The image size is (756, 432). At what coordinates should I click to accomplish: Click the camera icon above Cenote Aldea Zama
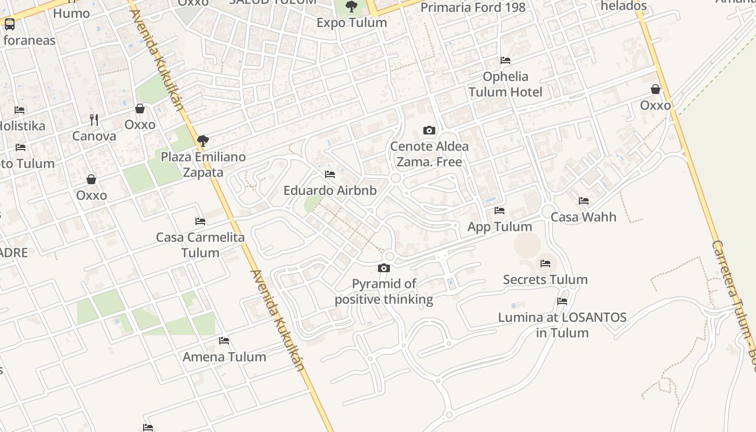[429, 130]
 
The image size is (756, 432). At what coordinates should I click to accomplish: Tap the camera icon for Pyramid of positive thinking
[384, 268]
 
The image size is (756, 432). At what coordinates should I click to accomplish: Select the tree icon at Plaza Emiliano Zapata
[203, 141]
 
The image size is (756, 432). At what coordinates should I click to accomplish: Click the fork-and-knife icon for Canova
[94, 119]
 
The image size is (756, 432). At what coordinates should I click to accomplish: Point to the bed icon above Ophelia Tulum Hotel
[505, 60]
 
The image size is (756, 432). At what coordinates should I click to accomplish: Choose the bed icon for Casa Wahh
[584, 201]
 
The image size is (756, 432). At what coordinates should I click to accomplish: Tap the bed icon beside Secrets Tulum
[545, 264]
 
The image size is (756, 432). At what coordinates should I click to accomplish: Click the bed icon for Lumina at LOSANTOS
[562, 301]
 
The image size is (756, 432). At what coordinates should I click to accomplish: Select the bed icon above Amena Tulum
[224, 341]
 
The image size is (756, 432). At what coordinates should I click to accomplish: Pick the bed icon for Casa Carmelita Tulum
[200, 221]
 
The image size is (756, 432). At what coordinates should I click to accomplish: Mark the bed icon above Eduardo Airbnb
[330, 174]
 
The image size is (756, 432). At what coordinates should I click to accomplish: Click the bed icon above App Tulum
[500, 211]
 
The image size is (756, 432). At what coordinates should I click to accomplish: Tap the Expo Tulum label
[352, 23]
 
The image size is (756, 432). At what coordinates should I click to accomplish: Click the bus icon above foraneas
[10, 24]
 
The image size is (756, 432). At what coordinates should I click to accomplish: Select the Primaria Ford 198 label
[473, 8]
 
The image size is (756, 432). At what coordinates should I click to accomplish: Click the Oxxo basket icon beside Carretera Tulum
[656, 89]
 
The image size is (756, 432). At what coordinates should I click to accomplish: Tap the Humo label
[71, 13]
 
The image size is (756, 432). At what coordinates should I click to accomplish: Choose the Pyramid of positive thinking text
[384, 292]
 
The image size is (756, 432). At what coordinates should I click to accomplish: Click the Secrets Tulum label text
[545, 280]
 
